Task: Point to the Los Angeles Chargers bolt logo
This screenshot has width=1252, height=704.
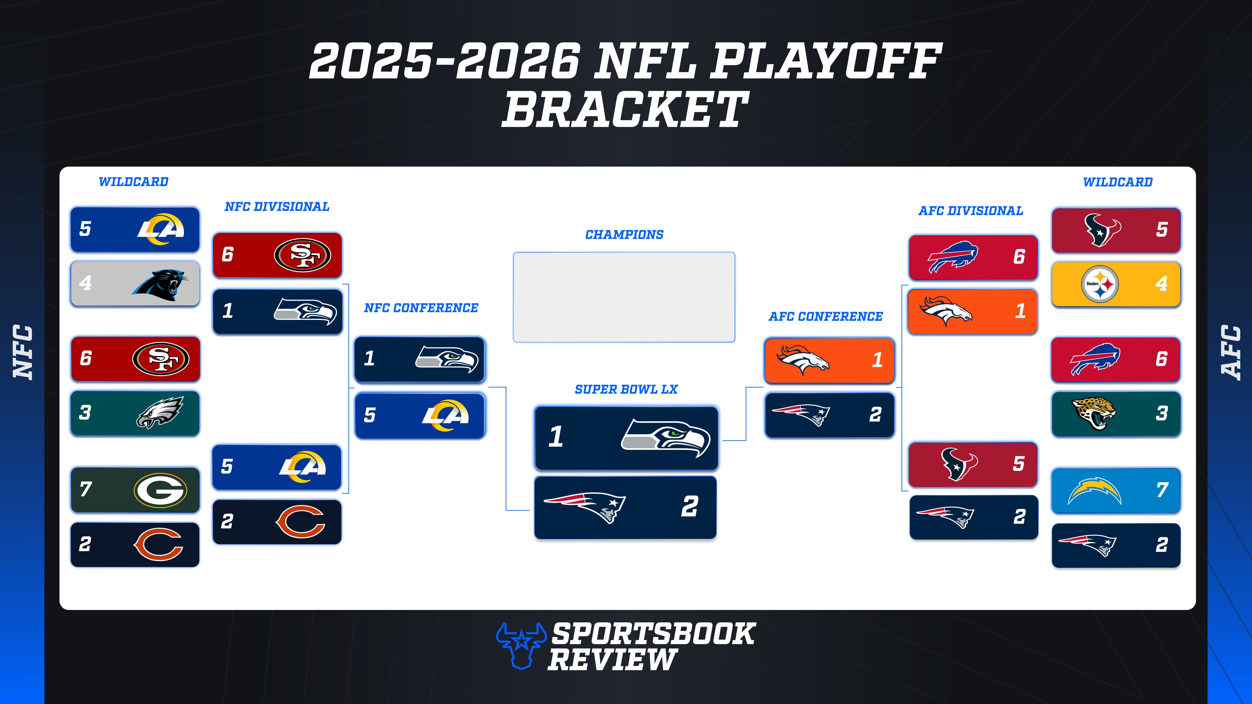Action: coord(1094,491)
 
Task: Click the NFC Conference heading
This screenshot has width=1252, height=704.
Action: coord(421,308)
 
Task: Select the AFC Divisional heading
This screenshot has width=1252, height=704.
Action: coord(971,211)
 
